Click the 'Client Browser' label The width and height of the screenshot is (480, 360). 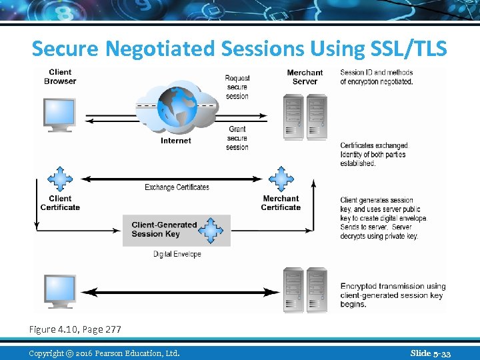60,77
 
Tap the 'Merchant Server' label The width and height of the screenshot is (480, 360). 305,77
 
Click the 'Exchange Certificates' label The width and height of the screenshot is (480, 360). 177,187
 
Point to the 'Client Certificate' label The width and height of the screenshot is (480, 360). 60,203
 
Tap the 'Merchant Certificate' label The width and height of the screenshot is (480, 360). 281,203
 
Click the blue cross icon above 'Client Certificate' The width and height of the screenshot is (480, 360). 60,179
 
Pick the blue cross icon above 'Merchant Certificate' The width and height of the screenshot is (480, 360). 281,179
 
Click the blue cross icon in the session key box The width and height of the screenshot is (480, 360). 213,230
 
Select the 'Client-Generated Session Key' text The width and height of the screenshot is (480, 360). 164,229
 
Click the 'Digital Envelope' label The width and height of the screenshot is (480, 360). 177,254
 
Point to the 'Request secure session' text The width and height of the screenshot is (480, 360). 237,87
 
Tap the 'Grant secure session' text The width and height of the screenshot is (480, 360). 237,138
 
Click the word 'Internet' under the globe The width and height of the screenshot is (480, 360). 175,141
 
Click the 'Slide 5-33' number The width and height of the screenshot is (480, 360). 431,353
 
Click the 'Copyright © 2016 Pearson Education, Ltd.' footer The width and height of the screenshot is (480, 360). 104,353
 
